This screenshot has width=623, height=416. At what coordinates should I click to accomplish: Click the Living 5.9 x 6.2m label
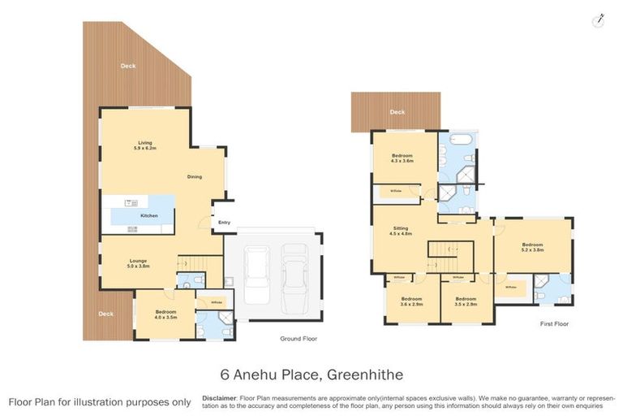145,146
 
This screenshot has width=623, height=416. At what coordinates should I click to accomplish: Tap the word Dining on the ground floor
195,176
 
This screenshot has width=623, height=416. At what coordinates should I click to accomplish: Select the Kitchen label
148,215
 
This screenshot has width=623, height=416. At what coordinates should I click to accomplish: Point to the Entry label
224,222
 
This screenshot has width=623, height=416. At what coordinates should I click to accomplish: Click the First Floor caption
554,323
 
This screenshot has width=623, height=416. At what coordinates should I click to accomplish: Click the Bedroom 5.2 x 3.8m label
532,248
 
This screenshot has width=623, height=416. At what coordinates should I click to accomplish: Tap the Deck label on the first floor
397,112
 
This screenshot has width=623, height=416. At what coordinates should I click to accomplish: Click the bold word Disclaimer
219,398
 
